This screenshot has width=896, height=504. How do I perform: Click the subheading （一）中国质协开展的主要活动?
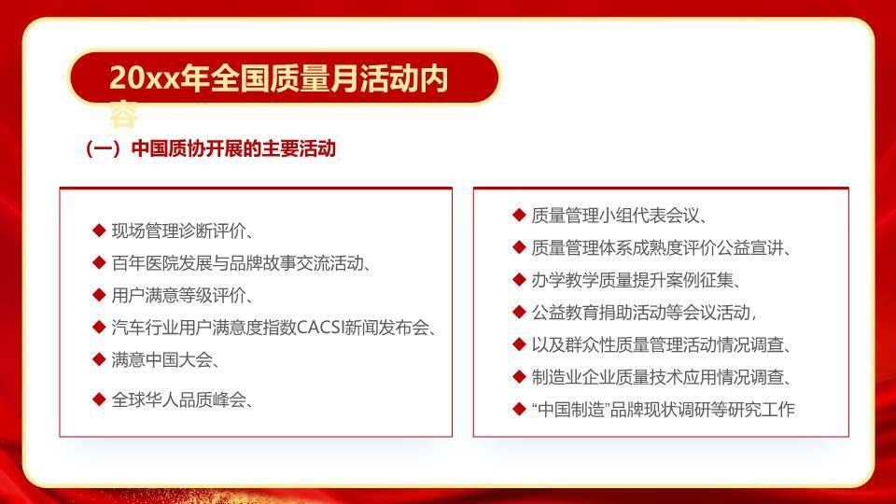[209, 149]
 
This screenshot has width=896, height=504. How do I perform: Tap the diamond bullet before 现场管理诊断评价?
[99, 231]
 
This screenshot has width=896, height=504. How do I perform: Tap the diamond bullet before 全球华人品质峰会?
[99, 399]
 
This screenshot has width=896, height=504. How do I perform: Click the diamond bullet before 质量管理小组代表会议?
[519, 215]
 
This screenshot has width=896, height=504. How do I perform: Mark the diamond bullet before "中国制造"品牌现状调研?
[519, 409]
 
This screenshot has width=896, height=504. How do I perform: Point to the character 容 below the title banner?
[124, 115]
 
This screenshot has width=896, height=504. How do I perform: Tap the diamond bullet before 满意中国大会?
[99, 359]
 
